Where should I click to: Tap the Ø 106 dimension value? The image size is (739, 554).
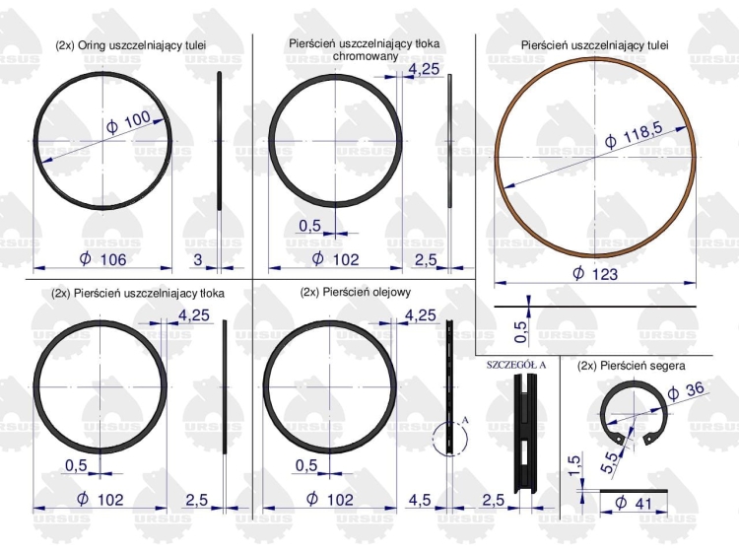click(103, 259)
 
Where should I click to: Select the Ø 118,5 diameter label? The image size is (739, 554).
click(634, 134)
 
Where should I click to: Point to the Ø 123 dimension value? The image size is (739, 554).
click(595, 273)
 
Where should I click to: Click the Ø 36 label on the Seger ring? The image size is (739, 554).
click(686, 390)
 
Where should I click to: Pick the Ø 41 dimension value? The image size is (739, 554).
click(634, 503)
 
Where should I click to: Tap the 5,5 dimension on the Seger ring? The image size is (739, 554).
click(609, 462)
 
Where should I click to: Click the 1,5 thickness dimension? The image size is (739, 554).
click(573, 466)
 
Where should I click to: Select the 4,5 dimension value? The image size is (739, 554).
click(420, 500)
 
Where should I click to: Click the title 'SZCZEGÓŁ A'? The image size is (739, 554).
click(516, 365)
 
